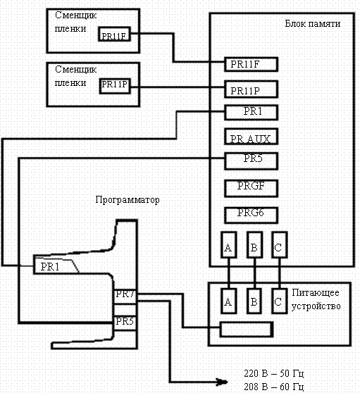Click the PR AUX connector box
point(251,137)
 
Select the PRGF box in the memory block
point(251,188)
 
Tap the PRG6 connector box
point(251,215)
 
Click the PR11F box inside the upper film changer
point(114,35)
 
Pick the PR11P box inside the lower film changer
point(115,86)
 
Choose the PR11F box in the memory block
point(251,64)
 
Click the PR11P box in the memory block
point(251,89)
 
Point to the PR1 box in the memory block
point(251,113)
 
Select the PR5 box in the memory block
point(251,161)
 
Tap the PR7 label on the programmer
point(125,294)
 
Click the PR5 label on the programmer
point(125,321)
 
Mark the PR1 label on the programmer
point(50,267)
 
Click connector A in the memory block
point(228,245)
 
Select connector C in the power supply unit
point(279,301)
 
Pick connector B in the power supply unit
point(254,301)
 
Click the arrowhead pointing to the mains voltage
point(223,382)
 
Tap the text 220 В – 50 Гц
point(274,373)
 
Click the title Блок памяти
point(313,23)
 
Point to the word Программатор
point(128,199)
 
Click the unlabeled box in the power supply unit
point(247,330)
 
